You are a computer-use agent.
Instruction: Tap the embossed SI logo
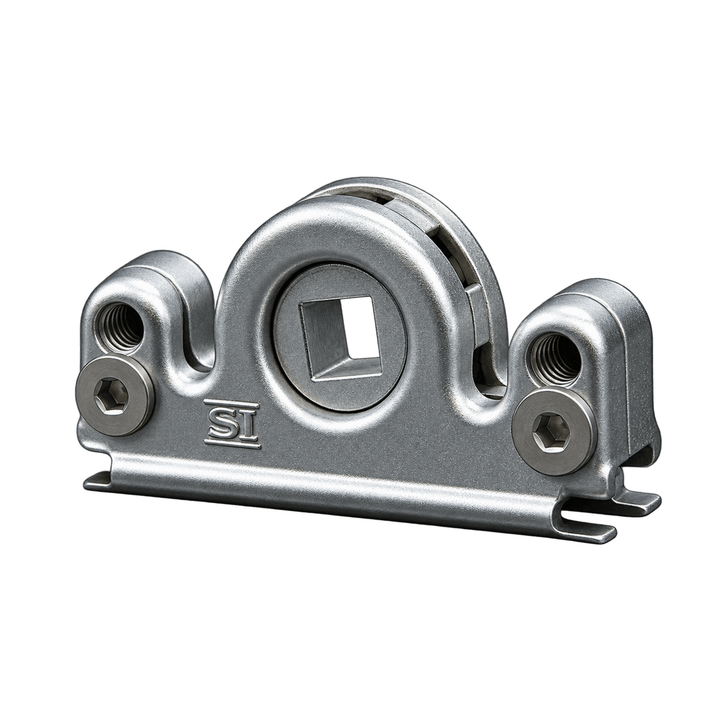(232, 425)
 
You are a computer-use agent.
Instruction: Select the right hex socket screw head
(552, 432)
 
